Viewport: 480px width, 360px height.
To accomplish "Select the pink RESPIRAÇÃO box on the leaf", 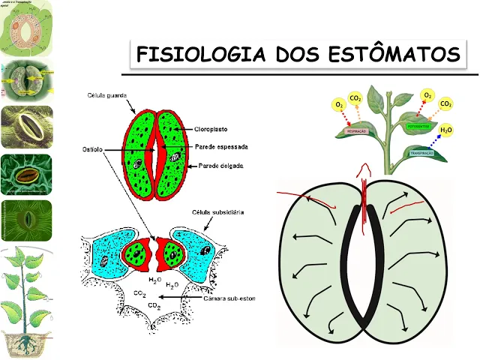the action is pos(355,131).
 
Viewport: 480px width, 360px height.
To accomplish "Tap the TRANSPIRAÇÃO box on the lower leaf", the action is pos(417,151).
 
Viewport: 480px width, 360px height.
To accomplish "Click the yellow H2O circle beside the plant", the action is pos(445,130).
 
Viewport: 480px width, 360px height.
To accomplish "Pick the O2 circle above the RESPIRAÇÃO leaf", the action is pos(340,104).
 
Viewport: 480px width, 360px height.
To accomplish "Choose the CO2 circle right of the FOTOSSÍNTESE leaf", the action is pos(445,104).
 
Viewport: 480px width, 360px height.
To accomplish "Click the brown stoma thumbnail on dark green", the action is pos(26,175).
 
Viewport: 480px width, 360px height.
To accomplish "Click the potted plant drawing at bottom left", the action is pos(26,300).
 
